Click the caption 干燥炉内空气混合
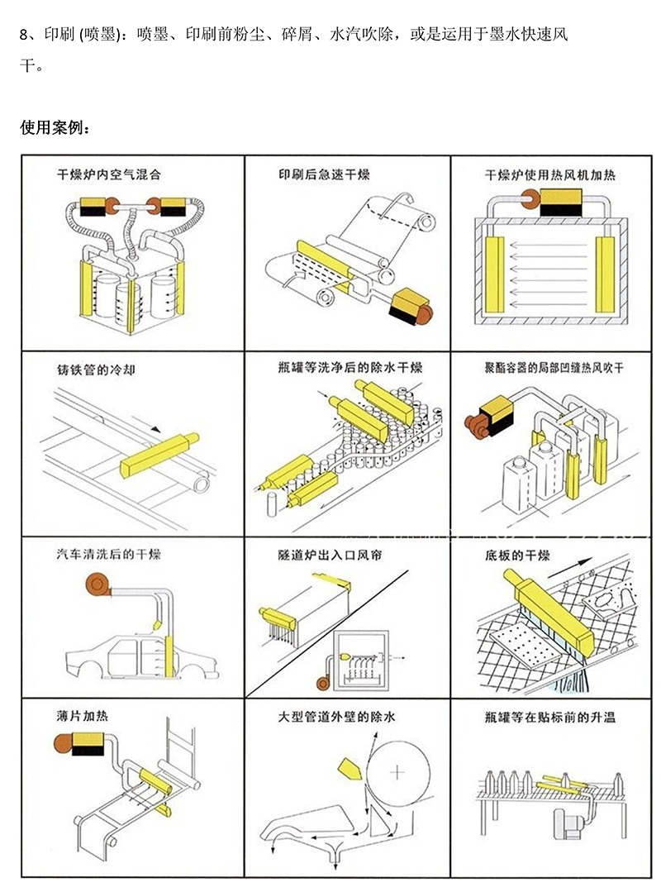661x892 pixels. [x=107, y=175]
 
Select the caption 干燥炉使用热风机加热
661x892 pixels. [x=549, y=175]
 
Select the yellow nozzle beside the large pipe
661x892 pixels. [x=350, y=768]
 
